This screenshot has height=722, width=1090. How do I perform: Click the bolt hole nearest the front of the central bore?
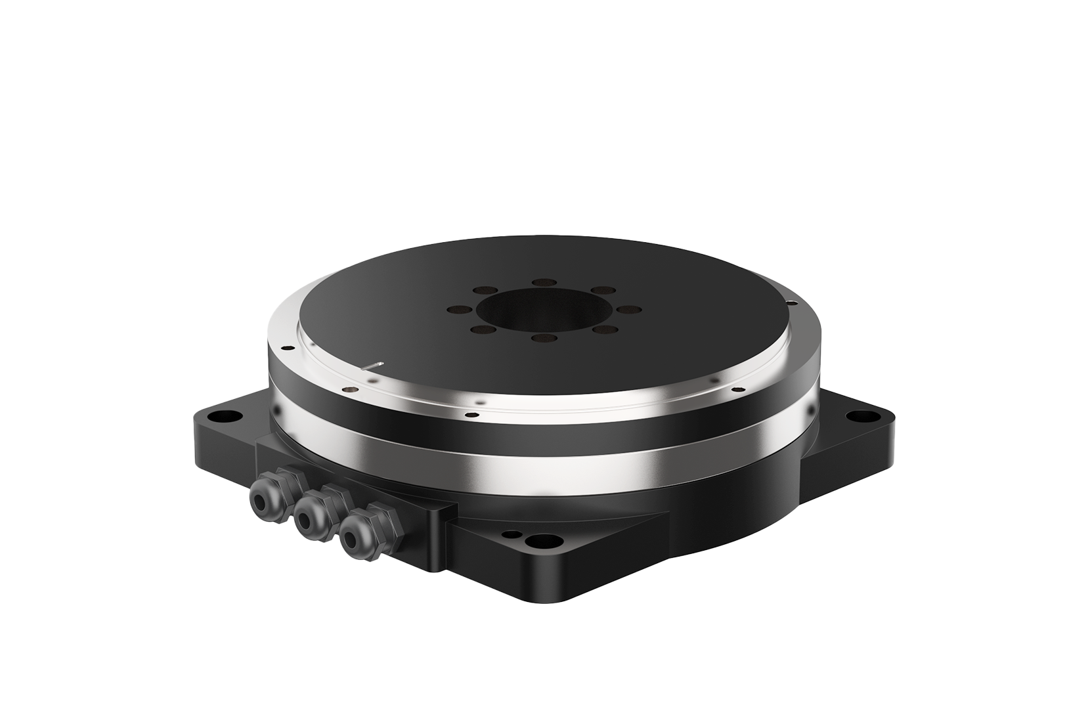543,338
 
